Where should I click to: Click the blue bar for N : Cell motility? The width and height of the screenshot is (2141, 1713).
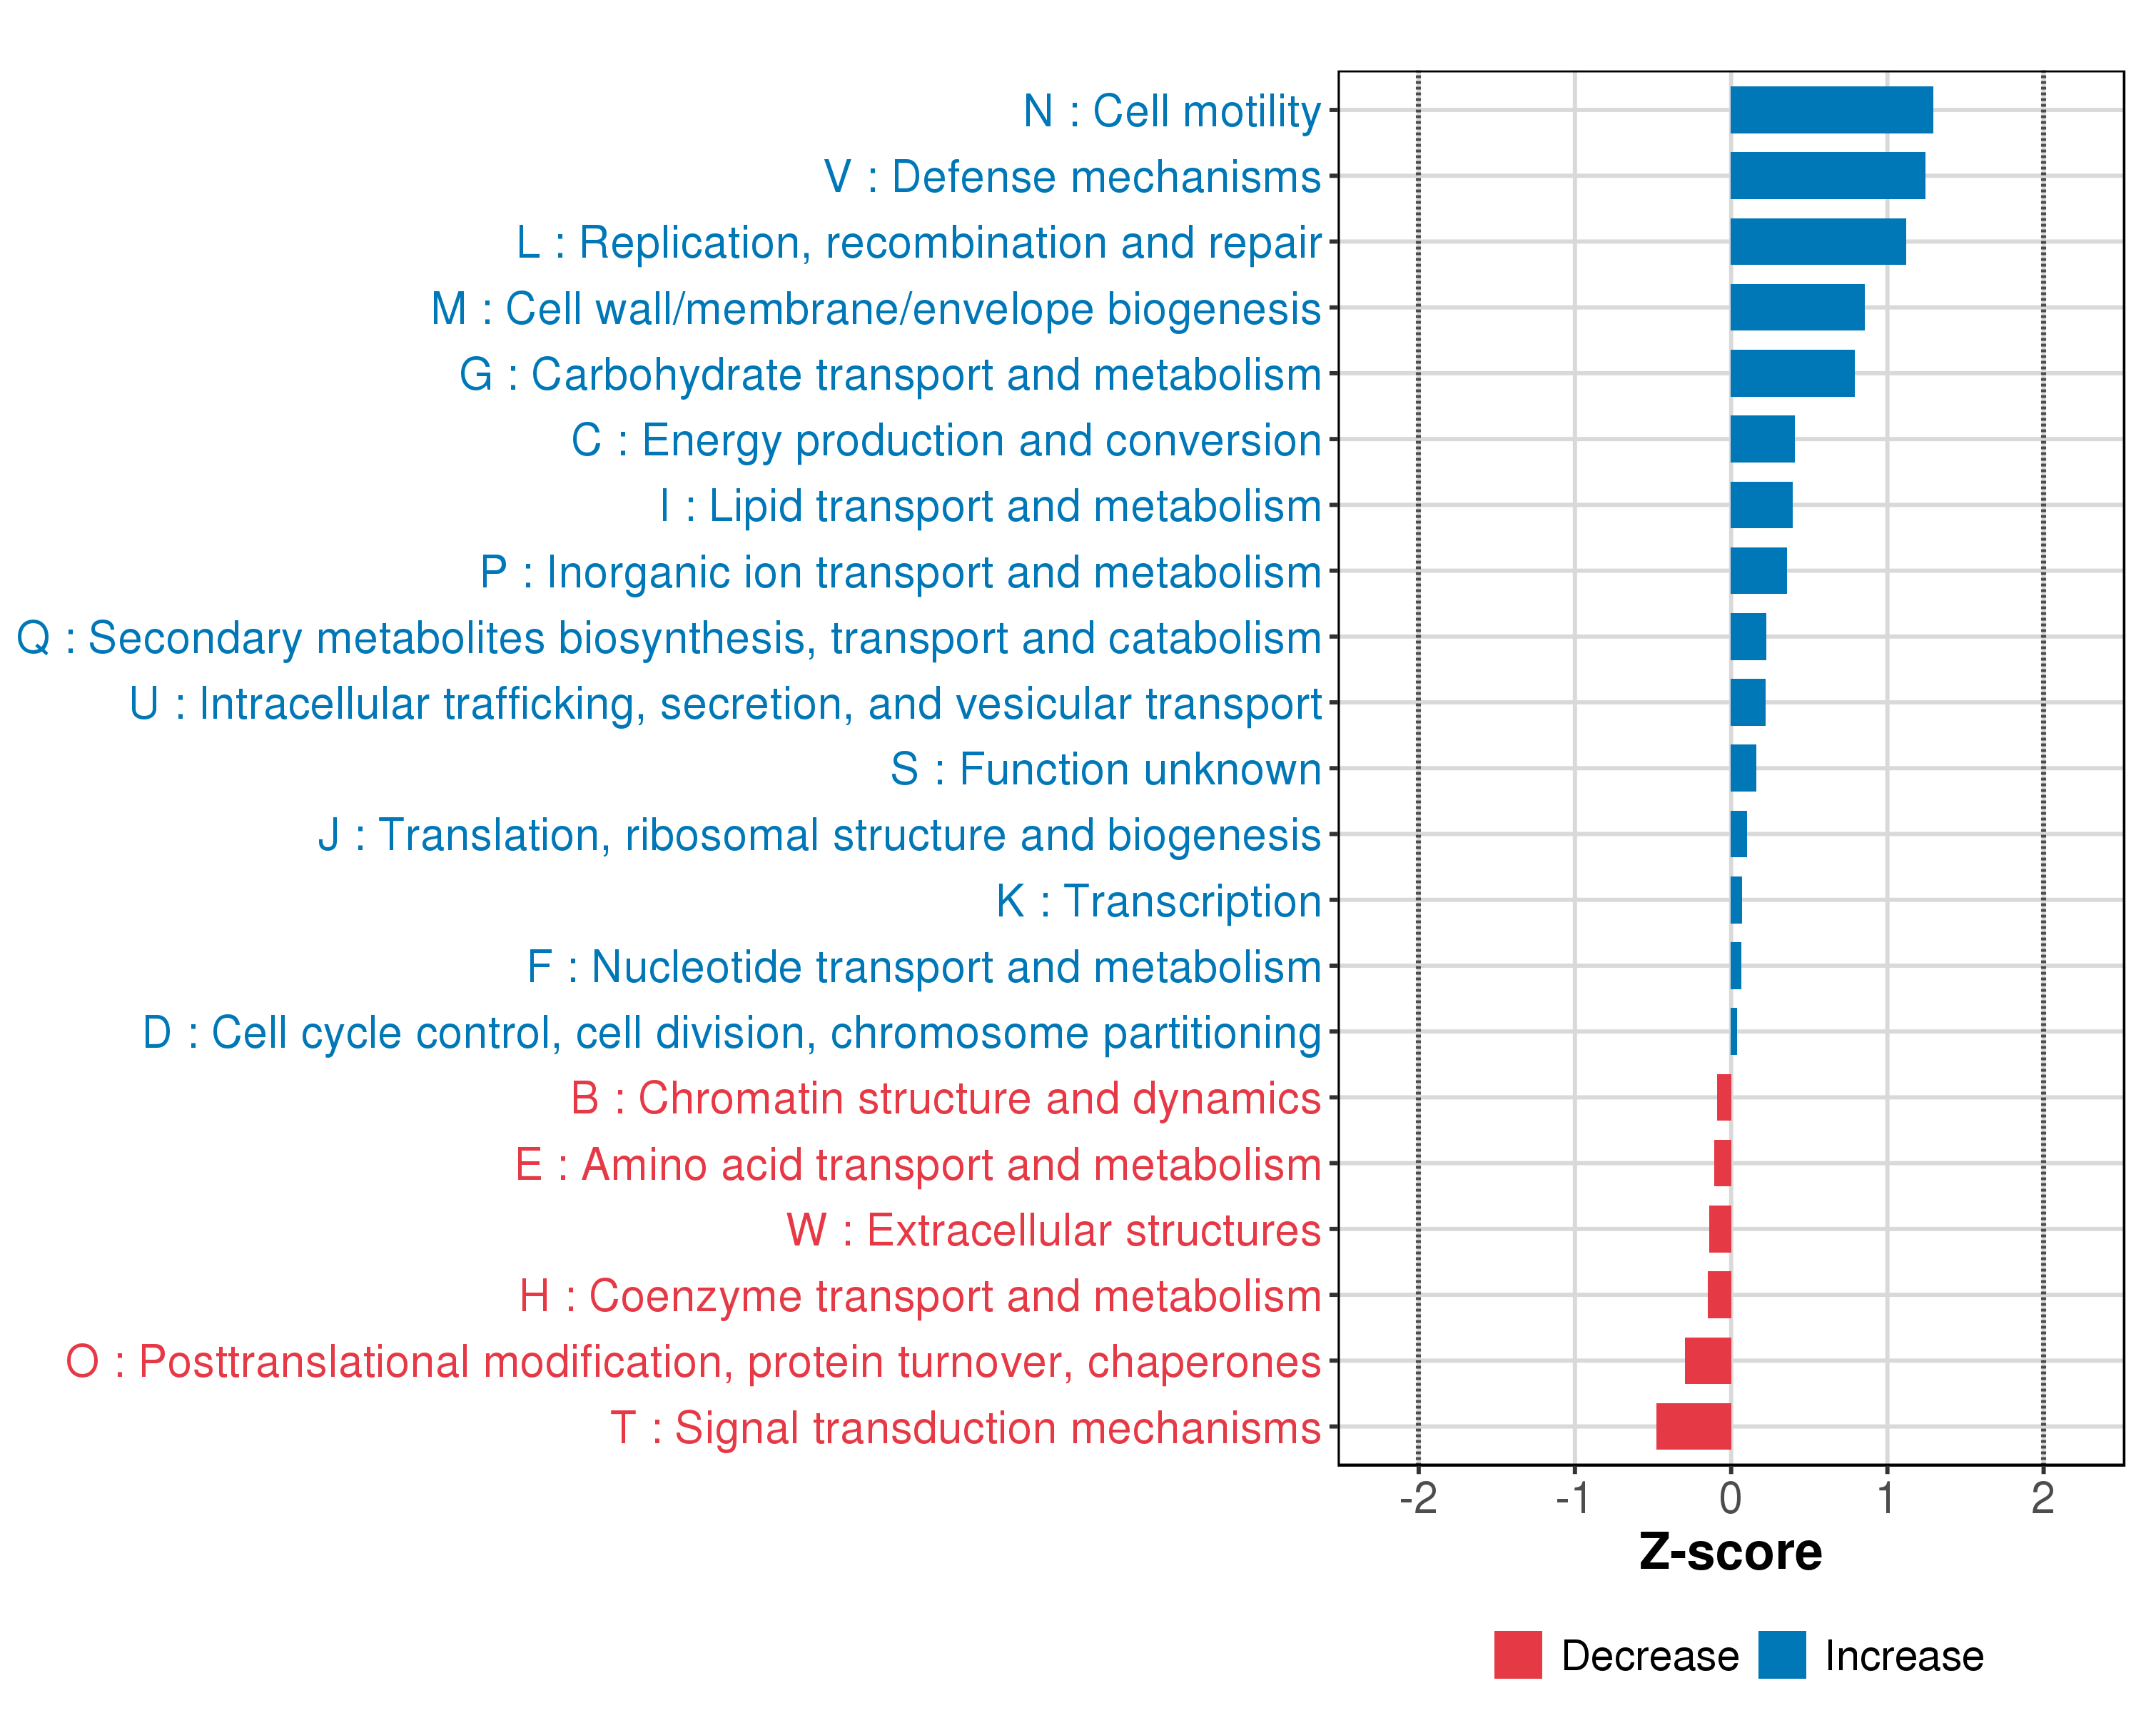(1831, 110)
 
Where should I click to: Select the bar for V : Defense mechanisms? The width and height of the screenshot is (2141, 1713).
(1827, 176)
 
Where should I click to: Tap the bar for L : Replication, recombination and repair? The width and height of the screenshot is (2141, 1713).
(1817, 241)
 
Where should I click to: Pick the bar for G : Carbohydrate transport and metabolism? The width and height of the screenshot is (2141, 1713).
(1791, 373)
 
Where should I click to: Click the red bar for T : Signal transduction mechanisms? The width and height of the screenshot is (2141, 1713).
(1693, 1426)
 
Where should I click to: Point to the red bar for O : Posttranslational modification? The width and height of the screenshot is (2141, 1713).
(1707, 1360)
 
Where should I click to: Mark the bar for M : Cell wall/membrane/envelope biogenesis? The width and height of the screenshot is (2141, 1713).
(1796, 308)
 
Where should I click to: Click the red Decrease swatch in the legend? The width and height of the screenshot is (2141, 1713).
(1517, 1654)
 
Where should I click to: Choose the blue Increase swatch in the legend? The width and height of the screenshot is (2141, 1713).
(1781, 1654)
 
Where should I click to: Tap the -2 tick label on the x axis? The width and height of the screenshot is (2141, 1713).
(1418, 1497)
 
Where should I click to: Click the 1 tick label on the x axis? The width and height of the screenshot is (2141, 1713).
(1886, 1497)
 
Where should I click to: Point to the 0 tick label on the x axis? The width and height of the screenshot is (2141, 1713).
(1730, 1497)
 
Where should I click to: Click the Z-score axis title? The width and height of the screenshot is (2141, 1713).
(1730, 1552)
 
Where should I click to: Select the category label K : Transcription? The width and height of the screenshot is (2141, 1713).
(1158, 901)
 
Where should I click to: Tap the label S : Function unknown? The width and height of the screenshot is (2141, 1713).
(1105, 769)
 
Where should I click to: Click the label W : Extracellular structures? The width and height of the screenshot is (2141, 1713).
(1053, 1229)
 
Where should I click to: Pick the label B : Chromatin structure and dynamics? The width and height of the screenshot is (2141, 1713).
(946, 1098)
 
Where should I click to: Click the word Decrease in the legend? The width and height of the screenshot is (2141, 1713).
(1649, 1655)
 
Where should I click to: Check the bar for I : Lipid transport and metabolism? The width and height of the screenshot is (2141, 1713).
(1761, 505)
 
